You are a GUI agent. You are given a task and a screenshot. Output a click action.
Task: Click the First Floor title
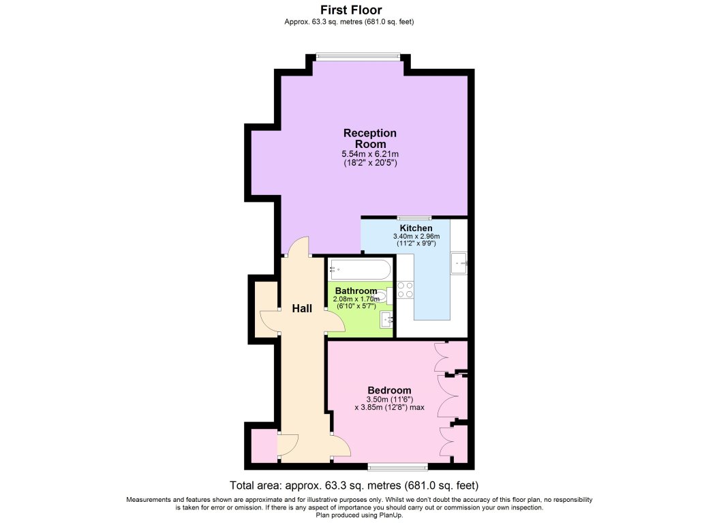click(351, 10)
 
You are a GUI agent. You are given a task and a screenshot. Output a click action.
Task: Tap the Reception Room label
click(370, 138)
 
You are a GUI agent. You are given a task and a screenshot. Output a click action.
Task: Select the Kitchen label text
click(416, 228)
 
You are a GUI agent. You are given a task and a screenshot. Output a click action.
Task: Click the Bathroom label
click(356, 291)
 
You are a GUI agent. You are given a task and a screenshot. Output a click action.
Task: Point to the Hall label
click(302, 309)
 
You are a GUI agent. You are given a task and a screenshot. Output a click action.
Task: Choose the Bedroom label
click(389, 391)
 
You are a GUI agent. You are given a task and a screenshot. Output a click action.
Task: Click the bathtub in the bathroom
click(361, 270)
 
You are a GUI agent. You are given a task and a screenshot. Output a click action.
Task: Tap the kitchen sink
click(459, 263)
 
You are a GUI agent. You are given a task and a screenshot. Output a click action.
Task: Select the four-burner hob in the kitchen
click(406, 290)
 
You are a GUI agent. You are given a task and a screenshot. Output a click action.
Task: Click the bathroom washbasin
click(387, 319)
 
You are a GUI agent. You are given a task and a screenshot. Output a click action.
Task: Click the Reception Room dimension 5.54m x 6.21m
click(370, 154)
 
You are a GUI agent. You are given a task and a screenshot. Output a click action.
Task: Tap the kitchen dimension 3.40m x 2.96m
click(416, 236)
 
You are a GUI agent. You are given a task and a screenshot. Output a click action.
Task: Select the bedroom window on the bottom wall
click(397, 467)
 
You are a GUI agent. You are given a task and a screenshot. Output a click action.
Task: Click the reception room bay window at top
click(358, 57)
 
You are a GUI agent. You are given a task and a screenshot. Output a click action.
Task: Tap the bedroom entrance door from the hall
click(341, 443)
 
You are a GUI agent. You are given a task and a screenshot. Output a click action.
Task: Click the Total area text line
click(354, 485)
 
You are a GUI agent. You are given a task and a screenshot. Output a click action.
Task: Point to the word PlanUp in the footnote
click(391, 515)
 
